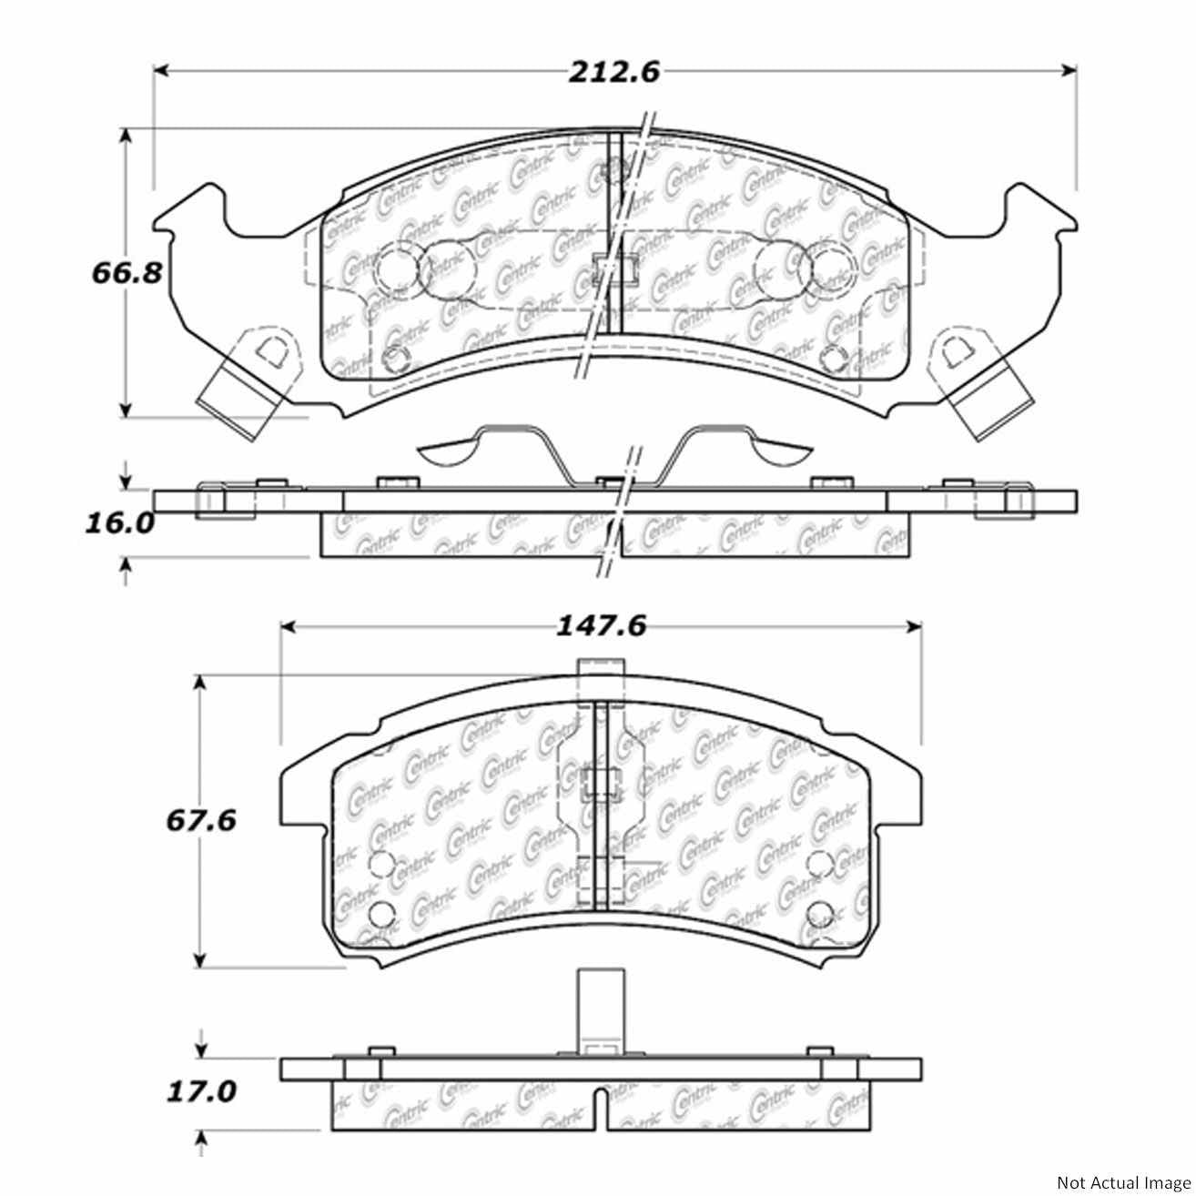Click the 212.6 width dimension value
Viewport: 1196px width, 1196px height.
click(x=613, y=72)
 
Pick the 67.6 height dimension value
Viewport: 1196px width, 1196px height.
click(x=200, y=820)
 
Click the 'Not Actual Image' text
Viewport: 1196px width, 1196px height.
click(x=1121, y=1183)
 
